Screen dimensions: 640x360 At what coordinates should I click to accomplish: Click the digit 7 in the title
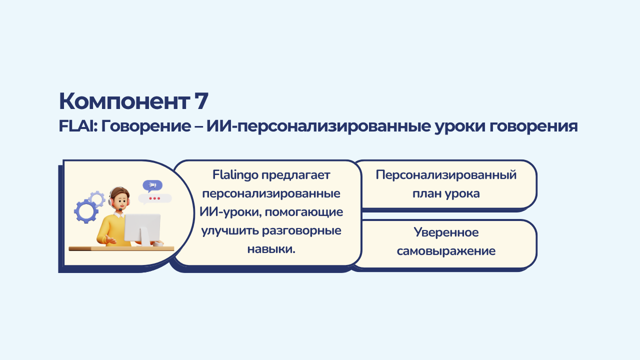pos(201,101)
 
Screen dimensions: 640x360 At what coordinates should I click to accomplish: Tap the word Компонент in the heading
pos(124,101)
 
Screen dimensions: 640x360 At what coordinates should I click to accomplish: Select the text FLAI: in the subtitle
pos(78,126)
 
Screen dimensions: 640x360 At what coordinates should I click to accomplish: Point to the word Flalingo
pos(235,175)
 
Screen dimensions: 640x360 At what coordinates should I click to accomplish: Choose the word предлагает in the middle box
pos(295,175)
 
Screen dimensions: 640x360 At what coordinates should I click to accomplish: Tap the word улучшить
pos(229,231)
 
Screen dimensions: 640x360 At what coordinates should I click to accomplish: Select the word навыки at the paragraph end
pos(271,249)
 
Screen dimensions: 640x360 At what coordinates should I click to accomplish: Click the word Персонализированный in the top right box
pos(446,175)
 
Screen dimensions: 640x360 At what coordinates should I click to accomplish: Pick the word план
pos(426,194)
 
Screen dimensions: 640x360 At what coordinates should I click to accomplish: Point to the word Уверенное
pos(446,232)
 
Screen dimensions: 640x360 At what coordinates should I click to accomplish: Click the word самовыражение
pos(446,251)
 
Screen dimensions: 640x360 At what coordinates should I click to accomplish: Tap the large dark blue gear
pos(86,211)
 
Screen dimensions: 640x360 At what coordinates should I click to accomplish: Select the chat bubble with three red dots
pos(154,199)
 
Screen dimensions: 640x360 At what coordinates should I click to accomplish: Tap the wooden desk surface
pos(121,248)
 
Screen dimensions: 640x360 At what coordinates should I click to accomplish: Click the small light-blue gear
pos(97,198)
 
